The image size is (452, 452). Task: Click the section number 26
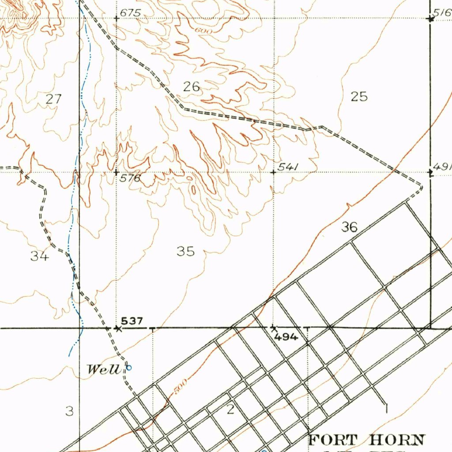point(192,87)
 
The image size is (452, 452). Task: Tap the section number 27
point(54,99)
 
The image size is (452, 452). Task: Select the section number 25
point(359,96)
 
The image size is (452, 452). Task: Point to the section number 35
point(185,251)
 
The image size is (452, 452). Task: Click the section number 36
point(349,227)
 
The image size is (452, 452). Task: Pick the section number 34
point(40,256)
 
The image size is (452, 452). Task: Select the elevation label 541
point(289,166)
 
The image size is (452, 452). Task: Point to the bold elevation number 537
point(132,321)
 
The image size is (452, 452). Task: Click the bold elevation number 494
point(286,337)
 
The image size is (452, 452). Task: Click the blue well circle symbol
point(129,366)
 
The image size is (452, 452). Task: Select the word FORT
point(333,440)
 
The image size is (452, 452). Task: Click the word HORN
point(397,440)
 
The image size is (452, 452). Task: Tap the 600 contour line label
point(205,30)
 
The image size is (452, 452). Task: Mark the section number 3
point(69,411)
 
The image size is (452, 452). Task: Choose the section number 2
point(230,410)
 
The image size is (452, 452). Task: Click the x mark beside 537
point(117,328)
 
